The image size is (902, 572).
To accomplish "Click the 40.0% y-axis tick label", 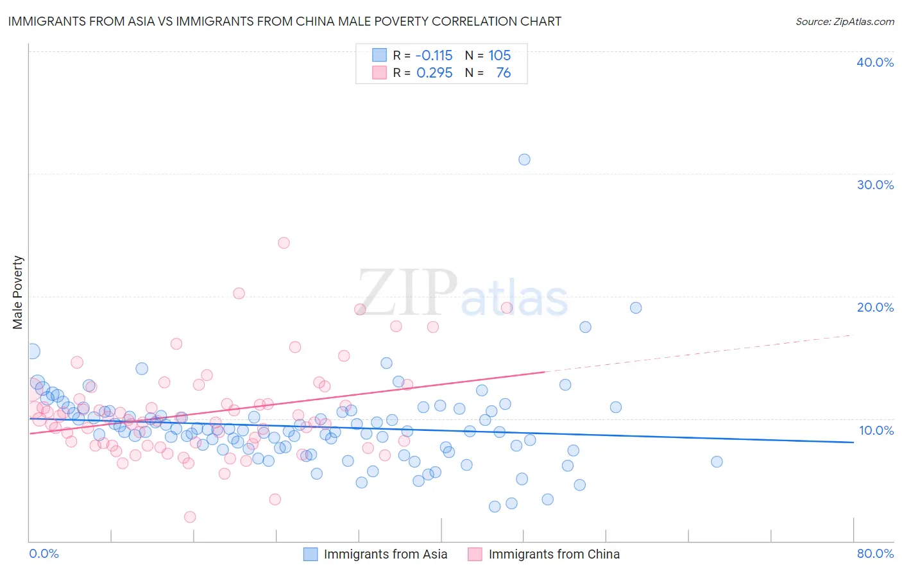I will (874, 62).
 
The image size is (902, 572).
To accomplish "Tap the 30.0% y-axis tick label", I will (874, 185).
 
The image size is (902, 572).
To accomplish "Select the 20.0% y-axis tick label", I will (874, 307).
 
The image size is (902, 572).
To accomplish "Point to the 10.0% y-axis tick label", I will (876, 430).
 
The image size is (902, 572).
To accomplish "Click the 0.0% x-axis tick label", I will (44, 553).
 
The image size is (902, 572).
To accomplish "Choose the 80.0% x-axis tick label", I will (875, 553).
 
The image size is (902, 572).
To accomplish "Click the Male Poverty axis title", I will (18, 292).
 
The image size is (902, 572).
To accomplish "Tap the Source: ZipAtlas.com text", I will (844, 22).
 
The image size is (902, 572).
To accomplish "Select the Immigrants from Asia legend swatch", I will (311, 554).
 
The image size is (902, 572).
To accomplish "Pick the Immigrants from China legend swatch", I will (475, 554).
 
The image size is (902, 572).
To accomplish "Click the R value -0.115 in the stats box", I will (434, 56).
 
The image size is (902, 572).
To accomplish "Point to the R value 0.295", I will (434, 73).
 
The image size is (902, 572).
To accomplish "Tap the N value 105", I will (500, 56).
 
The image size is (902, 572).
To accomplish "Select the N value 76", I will (504, 73).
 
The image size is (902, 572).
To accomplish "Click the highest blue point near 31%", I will (524, 160).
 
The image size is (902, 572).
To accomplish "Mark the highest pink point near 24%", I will (284, 243).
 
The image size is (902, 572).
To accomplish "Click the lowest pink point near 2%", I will (190, 517).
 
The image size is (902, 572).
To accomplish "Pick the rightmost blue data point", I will (717, 462).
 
